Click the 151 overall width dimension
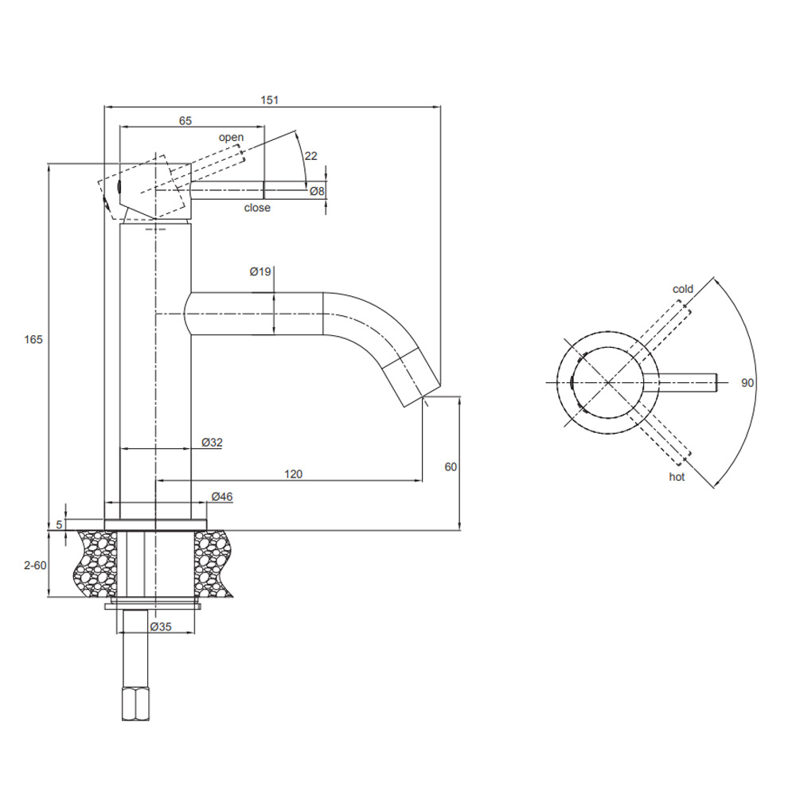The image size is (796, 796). [271, 99]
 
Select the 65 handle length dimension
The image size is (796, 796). [185, 121]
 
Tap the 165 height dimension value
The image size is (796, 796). [33, 340]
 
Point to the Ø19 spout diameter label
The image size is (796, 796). [260, 272]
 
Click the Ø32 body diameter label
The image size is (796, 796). [211, 443]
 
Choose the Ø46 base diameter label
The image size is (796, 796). [221, 497]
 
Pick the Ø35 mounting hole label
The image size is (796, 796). [162, 626]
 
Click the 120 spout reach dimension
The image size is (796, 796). [293, 474]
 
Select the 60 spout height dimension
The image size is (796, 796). [451, 467]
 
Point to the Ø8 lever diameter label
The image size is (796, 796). [316, 191]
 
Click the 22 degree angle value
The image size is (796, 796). [310, 156]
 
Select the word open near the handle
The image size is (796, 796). [232, 138]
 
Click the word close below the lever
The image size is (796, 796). [257, 208]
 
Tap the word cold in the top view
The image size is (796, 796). [683, 289]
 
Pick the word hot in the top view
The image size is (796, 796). [677, 477]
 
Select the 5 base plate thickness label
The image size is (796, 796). [59, 525]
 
